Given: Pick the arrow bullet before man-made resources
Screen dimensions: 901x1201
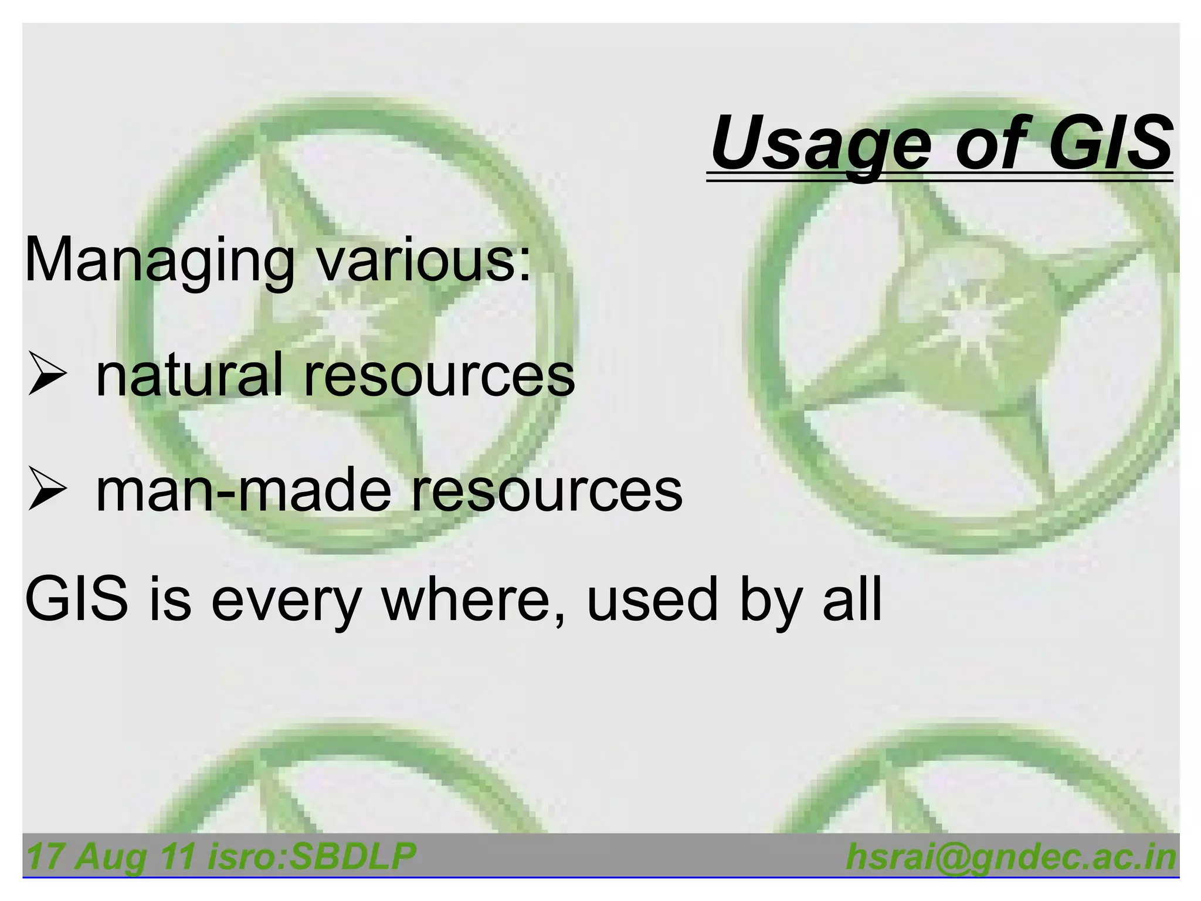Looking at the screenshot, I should (x=46, y=490).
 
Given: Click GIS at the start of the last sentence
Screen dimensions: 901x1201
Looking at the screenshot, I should (x=76, y=599).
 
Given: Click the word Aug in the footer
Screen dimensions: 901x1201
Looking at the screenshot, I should (x=111, y=857).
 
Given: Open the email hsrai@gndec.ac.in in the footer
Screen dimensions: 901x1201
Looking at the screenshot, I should (x=1011, y=857).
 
